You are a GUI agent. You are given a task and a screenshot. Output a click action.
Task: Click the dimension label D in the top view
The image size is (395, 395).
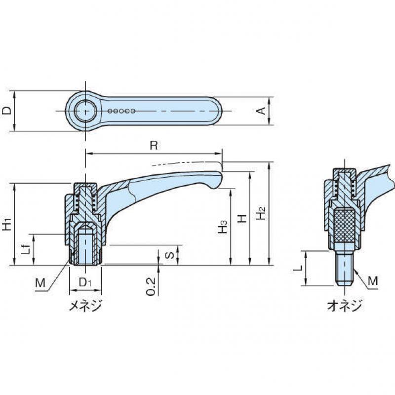click(7, 111)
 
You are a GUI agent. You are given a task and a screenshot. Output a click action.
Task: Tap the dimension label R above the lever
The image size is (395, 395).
click(154, 145)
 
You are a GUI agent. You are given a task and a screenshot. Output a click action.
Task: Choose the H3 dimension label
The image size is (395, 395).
click(223, 227)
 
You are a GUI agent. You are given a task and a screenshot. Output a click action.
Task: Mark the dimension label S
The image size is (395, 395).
click(169, 255)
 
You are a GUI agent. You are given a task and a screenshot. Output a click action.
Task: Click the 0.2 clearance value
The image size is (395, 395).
click(151, 287)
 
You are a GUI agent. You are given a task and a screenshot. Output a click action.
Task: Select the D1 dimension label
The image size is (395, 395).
click(84, 282)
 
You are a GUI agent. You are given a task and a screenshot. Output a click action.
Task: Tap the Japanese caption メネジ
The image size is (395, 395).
click(85, 306)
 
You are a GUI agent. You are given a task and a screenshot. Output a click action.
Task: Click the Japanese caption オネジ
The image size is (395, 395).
click(344, 305)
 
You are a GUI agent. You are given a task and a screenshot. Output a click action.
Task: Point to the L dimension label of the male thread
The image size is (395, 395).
click(298, 268)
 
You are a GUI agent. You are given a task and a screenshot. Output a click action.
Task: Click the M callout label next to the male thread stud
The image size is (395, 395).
click(373, 281)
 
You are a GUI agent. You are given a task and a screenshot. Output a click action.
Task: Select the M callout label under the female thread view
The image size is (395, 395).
click(40, 283)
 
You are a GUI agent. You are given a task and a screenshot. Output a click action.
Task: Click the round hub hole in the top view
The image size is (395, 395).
click(85, 111)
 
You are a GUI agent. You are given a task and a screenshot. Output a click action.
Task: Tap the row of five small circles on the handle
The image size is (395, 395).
click(121, 111)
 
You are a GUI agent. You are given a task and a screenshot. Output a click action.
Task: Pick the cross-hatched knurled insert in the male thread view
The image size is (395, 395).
click(344, 226)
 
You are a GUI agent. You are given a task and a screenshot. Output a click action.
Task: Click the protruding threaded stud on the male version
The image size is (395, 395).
click(344, 268)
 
